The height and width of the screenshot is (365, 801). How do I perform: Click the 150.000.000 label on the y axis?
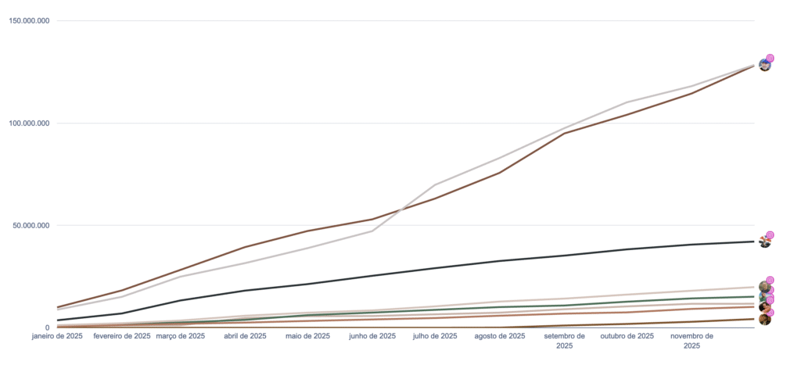click(29, 20)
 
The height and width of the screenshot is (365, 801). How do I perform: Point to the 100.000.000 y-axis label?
click(29, 123)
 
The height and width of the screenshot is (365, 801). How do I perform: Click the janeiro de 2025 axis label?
click(58, 336)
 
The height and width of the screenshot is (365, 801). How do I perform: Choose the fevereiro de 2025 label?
click(121, 336)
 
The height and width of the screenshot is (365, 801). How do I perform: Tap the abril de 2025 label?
click(246, 336)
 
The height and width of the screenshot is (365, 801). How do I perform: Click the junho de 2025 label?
click(372, 336)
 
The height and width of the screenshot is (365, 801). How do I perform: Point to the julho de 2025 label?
click(434, 336)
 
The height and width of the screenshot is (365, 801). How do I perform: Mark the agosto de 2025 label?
click(500, 336)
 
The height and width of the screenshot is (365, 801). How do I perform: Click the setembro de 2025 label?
click(565, 340)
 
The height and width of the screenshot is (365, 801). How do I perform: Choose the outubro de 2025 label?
click(627, 336)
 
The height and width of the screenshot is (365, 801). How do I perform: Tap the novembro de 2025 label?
click(691, 340)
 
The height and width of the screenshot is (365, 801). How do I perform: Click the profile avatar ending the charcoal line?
click(764, 242)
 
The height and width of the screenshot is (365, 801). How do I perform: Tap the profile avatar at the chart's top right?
click(764, 65)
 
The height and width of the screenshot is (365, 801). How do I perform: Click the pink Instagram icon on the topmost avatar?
click(770, 58)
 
